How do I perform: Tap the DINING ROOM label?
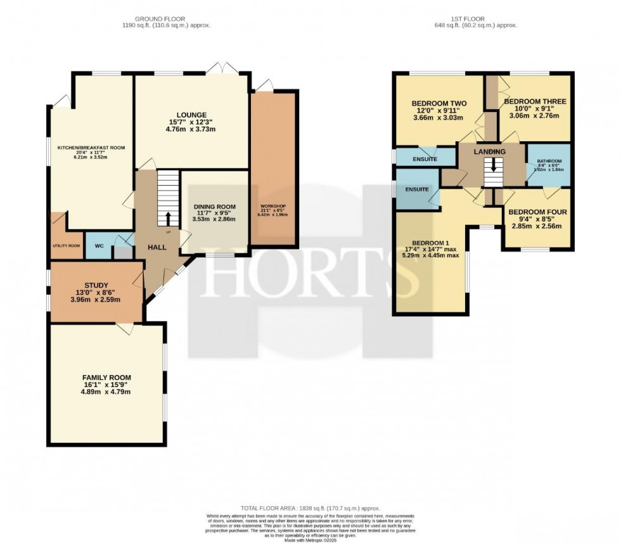pyautogui.click(x=214, y=207)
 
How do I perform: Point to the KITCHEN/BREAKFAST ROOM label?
pyautogui.click(x=91, y=148)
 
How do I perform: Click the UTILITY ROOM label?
pyautogui.click(x=66, y=245)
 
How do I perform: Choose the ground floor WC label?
pyautogui.click(x=99, y=245)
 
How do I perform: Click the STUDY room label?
pyautogui.click(x=96, y=285)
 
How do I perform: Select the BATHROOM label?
pyautogui.click(x=549, y=162)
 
